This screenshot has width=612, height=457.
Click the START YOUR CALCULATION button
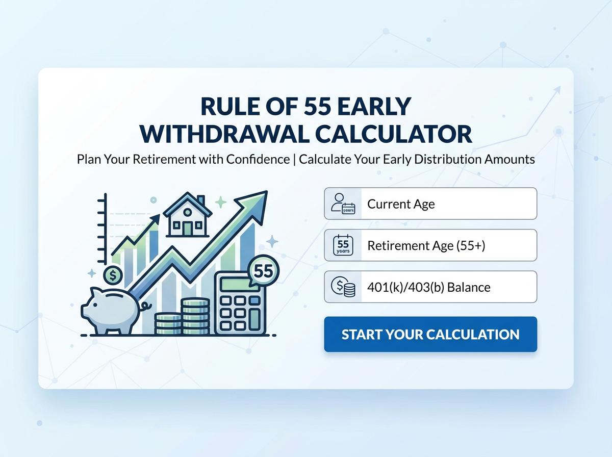click(430, 335)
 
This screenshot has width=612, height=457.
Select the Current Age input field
click(449, 204)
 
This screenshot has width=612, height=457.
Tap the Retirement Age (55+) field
click(449, 245)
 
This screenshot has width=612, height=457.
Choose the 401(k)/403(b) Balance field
click(449, 287)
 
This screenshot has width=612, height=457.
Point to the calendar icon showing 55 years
click(343, 245)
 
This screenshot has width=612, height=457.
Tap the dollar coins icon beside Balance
click(343, 287)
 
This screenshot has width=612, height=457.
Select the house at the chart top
click(187, 215)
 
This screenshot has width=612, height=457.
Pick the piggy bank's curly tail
click(147, 307)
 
